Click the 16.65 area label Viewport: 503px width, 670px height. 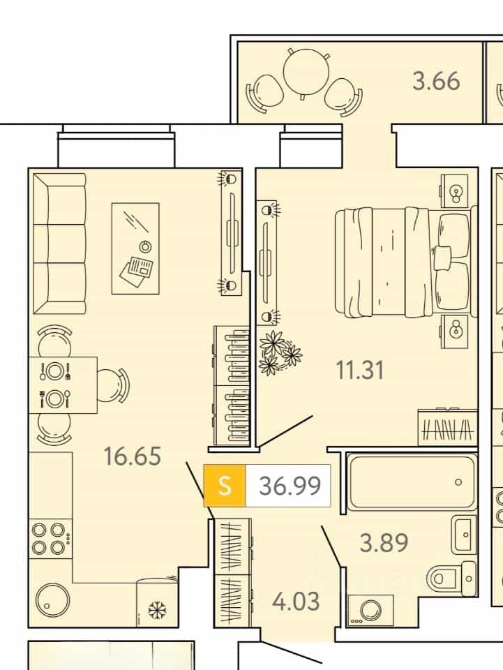tap(133, 456)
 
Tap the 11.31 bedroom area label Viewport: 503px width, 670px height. tap(360, 370)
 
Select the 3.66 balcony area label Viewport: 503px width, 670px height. tap(436, 81)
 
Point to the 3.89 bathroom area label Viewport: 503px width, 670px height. tap(384, 543)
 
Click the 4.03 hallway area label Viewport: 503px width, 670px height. tap(296, 601)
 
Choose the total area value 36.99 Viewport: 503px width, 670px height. tap(290, 486)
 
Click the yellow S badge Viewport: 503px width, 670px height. tap(225, 486)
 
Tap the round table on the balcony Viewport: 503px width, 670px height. tap(306, 73)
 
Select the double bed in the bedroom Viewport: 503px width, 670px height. tap(405, 263)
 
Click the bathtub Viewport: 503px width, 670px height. tap(412, 482)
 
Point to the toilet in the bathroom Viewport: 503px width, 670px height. tap(451, 579)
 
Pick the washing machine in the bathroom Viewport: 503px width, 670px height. tap(370, 610)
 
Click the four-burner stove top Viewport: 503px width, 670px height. tap(50, 538)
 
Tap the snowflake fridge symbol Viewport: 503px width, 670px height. tap(158, 610)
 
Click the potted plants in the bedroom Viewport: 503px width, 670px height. tap(280, 352)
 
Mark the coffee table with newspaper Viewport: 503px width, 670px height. tap(136, 248)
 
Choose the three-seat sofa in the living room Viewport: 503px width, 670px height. tap(59, 243)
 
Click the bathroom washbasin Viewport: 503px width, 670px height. tap(465, 534)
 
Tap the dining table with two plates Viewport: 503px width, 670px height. tap(63, 385)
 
